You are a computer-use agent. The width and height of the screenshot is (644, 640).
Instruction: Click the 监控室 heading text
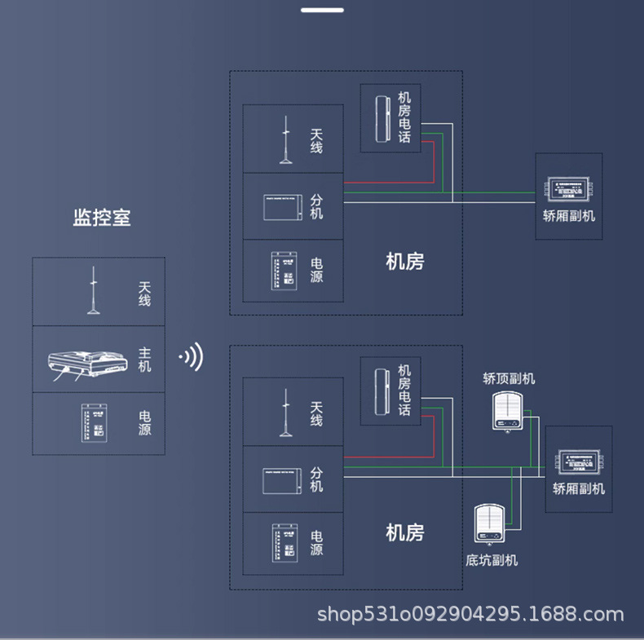(102, 218)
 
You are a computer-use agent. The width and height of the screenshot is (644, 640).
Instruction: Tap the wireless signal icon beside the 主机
(192, 357)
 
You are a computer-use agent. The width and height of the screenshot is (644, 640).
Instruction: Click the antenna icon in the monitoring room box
(94, 291)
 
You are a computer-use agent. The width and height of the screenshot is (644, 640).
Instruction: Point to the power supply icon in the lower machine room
(283, 543)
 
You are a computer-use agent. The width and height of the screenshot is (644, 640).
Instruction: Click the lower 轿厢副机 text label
(579, 488)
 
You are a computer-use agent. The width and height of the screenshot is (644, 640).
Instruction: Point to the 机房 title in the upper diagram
(404, 262)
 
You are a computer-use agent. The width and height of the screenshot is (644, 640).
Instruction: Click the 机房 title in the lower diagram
(404, 533)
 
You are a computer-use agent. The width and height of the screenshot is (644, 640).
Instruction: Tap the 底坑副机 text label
(492, 560)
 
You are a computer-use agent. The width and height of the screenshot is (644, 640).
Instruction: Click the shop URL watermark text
(470, 614)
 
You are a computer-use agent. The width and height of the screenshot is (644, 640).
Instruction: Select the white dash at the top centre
(322, 10)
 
